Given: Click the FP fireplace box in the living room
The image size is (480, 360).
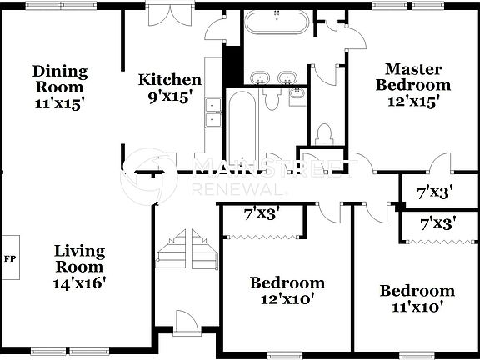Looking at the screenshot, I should click(10, 259).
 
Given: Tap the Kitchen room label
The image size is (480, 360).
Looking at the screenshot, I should click(169, 80).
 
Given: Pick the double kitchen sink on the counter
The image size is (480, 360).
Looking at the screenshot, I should click(212, 112).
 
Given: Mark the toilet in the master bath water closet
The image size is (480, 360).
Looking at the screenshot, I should click(325, 134).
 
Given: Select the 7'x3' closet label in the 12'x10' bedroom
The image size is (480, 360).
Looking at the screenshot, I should click(260, 213).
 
